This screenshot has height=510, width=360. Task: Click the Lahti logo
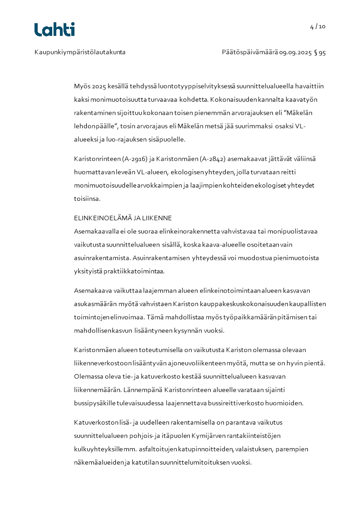coord(54,30)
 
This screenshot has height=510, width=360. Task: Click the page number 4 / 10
coord(318,26)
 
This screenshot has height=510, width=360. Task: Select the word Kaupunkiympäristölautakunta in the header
coord(80,52)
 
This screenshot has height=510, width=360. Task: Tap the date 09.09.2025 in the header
coord(295,52)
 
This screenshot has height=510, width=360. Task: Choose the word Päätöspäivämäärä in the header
coord(250,52)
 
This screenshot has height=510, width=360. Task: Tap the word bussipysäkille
coord(93,403)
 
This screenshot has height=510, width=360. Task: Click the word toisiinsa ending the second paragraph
coord(87,198)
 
